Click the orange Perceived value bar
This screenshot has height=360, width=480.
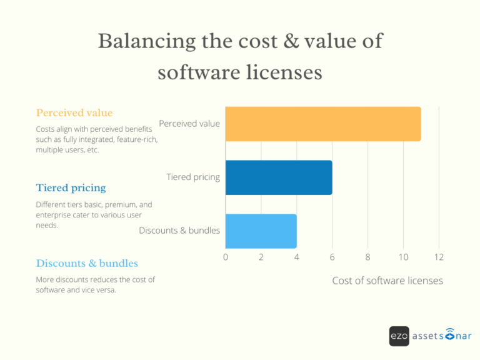(x=322, y=124)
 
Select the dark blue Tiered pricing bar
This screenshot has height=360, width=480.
(x=278, y=177)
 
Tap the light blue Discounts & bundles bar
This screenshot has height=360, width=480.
(x=261, y=231)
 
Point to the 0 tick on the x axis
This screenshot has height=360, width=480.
(x=226, y=257)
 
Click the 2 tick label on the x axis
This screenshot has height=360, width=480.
(x=261, y=257)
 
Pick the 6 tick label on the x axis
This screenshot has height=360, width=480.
(x=332, y=257)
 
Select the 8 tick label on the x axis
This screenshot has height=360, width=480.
(x=367, y=257)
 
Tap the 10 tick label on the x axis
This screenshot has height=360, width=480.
(x=403, y=257)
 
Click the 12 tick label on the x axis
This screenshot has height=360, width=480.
(x=439, y=257)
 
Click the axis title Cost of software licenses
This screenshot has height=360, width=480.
(x=387, y=281)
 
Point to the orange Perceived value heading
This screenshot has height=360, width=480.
(x=74, y=113)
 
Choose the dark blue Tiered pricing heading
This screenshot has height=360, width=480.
(x=71, y=187)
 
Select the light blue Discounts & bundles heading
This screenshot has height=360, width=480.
(x=87, y=263)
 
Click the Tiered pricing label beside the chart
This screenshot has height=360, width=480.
(x=193, y=177)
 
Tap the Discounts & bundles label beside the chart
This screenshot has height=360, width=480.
(x=179, y=230)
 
